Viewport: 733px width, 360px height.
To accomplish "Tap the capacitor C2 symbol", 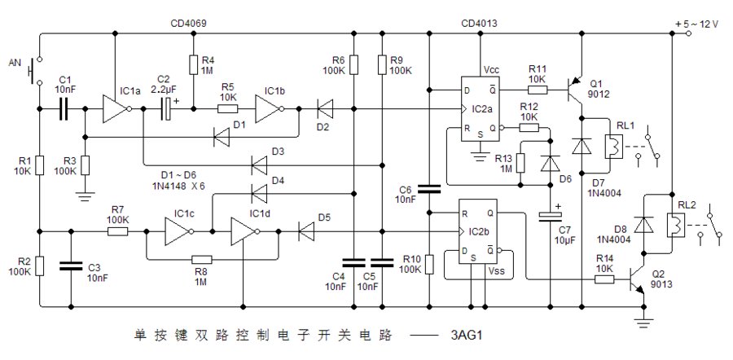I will pos(167,108).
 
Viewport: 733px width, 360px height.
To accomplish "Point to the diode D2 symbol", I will pos(324,108).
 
